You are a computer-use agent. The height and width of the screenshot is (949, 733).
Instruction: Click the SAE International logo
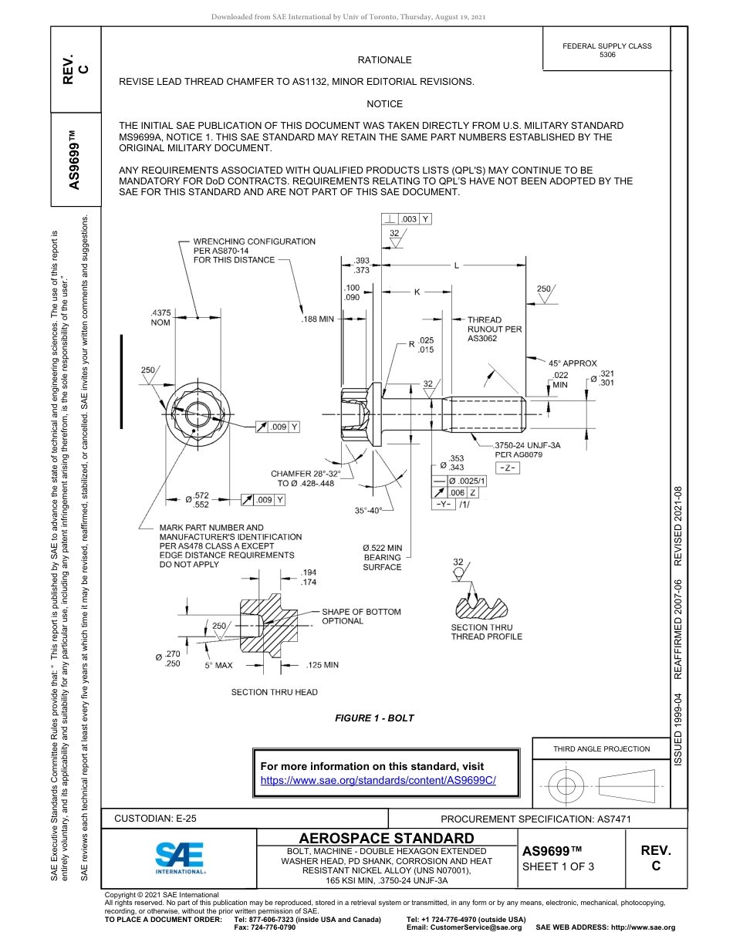pos(180,856)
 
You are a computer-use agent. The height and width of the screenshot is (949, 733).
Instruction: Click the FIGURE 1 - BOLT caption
pos(374,718)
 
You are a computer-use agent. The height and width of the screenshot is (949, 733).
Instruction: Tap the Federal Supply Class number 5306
pos(607,56)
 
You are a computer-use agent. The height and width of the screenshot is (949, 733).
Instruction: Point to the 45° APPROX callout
pos(573,363)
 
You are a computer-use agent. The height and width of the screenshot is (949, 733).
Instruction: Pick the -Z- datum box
pos(507,469)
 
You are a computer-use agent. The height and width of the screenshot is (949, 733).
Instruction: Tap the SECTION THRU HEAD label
pos(274,692)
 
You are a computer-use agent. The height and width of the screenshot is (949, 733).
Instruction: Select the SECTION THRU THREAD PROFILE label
pos(486,632)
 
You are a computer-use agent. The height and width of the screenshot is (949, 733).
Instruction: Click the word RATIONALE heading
pos(384,60)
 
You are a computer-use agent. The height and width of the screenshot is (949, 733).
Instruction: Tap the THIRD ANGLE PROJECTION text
pos(601,748)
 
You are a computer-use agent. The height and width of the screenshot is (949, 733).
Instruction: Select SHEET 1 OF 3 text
pos(559,866)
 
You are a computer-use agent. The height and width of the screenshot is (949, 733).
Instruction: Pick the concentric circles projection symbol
pos(566,786)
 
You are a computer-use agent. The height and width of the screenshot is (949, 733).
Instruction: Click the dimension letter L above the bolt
pos(456,265)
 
